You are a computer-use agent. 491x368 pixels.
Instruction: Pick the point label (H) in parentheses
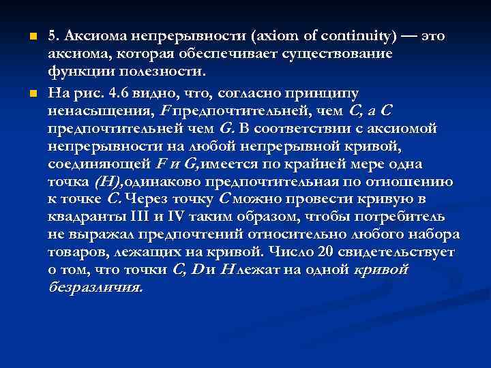(108, 181)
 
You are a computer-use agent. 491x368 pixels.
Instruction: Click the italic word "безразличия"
(95, 287)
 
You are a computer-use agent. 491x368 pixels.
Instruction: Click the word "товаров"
(76, 252)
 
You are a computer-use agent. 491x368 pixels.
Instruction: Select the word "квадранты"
(82, 217)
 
